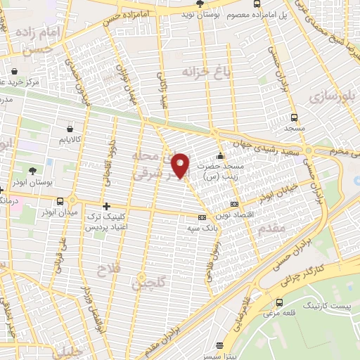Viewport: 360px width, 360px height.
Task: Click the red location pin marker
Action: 181,165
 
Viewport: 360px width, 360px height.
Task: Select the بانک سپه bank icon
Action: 202,218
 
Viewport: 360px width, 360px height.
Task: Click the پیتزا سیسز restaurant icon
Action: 220,345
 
